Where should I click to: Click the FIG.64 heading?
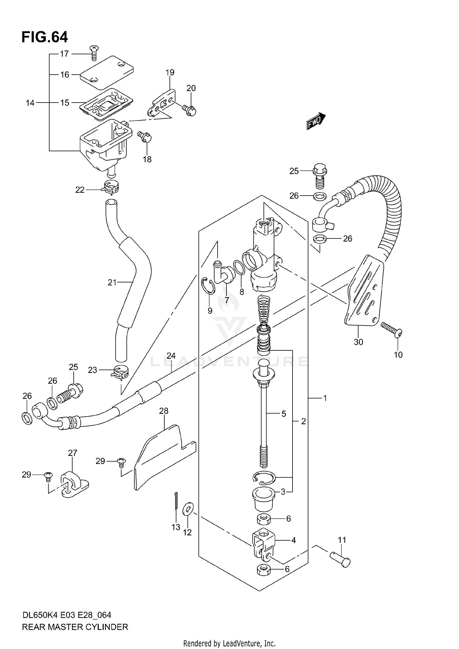pos(45,37)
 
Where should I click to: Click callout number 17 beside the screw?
pos(64,54)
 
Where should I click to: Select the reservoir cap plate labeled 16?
pos(106,72)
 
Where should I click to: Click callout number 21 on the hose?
pos(112,282)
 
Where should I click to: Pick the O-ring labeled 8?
pos(239,267)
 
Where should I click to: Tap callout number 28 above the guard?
pos(164,411)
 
